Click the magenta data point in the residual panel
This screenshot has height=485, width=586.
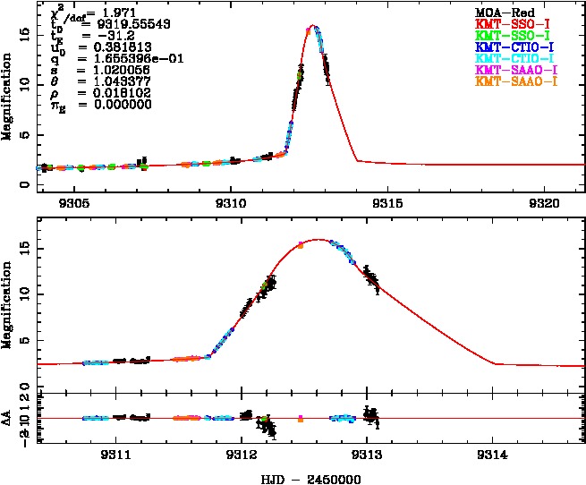pos(301,418)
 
